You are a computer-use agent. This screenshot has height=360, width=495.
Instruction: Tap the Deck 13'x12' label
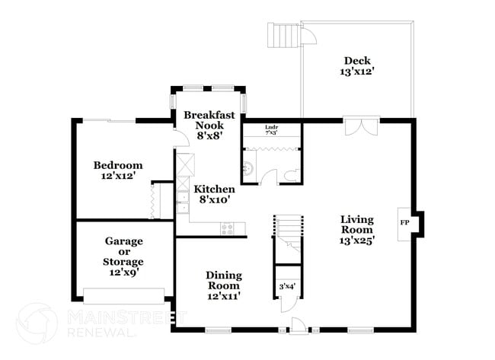point(358,66)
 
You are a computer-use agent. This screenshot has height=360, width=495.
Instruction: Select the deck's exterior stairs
point(281,36)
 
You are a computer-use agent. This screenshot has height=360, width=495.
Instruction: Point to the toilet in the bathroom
point(289,175)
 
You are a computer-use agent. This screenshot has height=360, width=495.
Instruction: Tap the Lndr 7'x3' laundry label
point(271,129)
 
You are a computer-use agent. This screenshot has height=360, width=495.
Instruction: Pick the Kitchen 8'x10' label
point(213,194)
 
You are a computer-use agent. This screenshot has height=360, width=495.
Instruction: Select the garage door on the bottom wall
point(123,295)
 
